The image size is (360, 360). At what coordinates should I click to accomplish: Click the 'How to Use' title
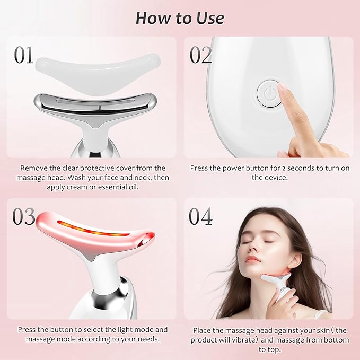180,17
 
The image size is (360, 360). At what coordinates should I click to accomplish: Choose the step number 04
201,216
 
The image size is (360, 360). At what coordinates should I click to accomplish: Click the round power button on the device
268,94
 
